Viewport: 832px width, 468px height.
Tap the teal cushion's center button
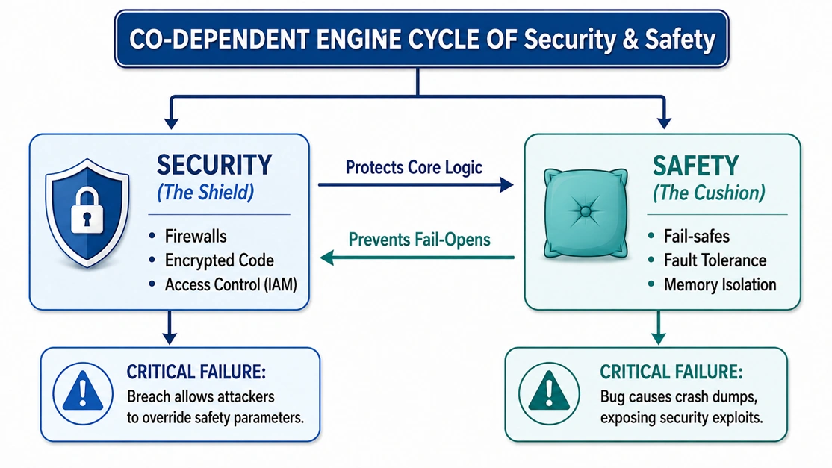pyautogui.click(x=586, y=212)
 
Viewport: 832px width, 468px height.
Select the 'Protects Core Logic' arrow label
pyautogui.click(x=414, y=167)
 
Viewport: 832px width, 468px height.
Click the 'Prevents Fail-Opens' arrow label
pyautogui.click(x=419, y=240)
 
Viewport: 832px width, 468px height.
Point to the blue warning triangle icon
pyautogui.click(x=83, y=391)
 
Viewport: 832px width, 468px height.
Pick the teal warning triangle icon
pyautogui.click(x=549, y=391)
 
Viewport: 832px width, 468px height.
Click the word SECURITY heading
pyautogui.click(x=214, y=166)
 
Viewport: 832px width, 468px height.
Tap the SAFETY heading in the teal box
pyautogui.click(x=695, y=166)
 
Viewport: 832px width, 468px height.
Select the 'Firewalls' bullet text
pyautogui.click(x=196, y=237)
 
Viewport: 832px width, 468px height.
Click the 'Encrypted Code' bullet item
pyautogui.click(x=219, y=260)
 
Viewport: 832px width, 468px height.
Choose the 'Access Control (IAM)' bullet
pyautogui.click(x=231, y=284)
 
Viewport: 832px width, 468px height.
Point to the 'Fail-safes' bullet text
pyautogui.click(x=697, y=237)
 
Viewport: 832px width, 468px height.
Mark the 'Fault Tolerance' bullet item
pyautogui.click(x=715, y=260)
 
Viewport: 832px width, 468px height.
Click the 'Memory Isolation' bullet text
pyautogui.click(x=720, y=284)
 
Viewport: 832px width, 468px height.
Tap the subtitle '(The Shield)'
pyautogui.click(x=205, y=193)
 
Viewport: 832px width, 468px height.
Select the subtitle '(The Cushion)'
pyautogui.click(x=709, y=193)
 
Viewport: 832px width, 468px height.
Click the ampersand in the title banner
pyautogui.click(x=630, y=40)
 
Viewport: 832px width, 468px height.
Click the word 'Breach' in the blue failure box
pyautogui.click(x=149, y=396)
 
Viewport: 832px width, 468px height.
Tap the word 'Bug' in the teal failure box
pyautogui.click(x=612, y=397)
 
